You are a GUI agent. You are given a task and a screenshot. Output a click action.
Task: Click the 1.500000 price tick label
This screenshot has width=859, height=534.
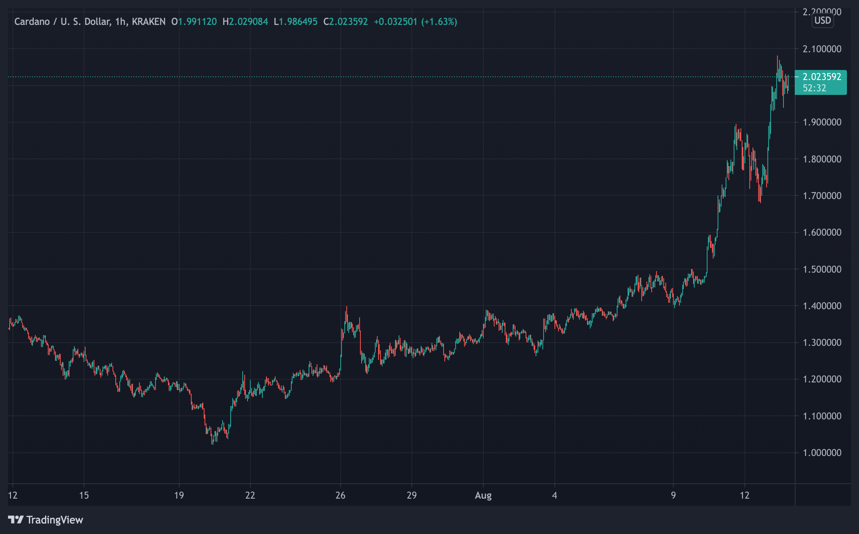click(x=822, y=269)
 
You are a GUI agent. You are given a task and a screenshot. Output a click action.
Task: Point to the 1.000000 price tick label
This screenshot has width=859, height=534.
click(x=822, y=452)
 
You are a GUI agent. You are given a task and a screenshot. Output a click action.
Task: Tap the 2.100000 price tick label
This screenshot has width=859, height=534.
click(x=822, y=49)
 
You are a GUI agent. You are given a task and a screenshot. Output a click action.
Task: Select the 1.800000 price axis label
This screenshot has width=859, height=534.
click(x=822, y=159)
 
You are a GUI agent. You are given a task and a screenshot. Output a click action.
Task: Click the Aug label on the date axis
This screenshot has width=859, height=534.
click(x=483, y=495)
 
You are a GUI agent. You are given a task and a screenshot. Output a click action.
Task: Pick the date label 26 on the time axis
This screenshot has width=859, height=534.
click(x=340, y=495)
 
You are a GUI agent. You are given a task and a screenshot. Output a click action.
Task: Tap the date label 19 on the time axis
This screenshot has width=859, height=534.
click(x=179, y=495)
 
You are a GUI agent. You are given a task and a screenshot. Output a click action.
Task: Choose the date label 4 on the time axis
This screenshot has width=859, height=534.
click(x=554, y=495)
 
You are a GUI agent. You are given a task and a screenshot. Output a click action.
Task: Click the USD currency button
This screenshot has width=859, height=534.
click(x=822, y=21)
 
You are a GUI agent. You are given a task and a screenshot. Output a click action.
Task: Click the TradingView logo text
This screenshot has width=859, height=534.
click(x=55, y=520)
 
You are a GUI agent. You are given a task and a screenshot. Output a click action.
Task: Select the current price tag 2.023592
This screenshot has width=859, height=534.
click(x=822, y=77)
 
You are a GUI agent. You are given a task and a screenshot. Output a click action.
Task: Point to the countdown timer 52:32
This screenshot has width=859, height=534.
click(x=814, y=88)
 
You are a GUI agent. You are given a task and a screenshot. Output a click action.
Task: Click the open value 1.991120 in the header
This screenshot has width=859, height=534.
click(x=197, y=22)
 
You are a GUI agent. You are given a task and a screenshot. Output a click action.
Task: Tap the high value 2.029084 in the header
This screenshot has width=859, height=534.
click(x=248, y=22)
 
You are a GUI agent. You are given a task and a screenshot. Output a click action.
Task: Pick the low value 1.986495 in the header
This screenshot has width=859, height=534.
click(x=298, y=22)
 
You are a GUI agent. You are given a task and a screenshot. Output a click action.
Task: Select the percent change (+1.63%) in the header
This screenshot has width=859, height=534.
click(x=439, y=22)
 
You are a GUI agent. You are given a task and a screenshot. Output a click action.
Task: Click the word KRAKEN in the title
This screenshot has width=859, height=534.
click(x=149, y=22)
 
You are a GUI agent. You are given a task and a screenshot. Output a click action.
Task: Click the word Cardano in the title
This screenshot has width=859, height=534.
click(x=32, y=22)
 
